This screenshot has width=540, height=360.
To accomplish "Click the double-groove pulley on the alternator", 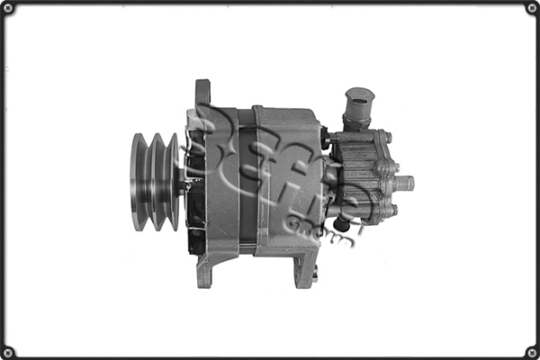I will [155, 182].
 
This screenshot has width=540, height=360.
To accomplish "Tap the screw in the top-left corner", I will [8, 8].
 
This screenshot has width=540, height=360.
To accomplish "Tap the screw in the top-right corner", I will [531, 8].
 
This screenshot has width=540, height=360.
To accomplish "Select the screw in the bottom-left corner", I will [8, 351].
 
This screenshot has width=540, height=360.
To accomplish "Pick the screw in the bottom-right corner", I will [531, 351].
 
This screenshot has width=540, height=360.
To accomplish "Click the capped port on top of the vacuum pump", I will [359, 104].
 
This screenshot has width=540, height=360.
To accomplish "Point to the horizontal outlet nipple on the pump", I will [403, 183].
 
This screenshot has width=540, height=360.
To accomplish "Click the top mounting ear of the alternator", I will [202, 94].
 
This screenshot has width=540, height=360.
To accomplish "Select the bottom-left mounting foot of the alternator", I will [204, 269].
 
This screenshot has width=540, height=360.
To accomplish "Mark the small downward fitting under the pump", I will [342, 224].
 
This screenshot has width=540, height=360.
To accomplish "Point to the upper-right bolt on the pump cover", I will [386, 138].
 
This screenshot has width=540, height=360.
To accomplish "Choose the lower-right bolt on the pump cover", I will [389, 211].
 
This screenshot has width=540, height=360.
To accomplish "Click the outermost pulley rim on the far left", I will [138, 182].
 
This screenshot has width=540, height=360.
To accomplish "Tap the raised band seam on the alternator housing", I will [256, 180].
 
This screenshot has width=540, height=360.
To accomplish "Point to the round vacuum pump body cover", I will [360, 175].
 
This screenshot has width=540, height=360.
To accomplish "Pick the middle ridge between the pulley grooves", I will [156, 182].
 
